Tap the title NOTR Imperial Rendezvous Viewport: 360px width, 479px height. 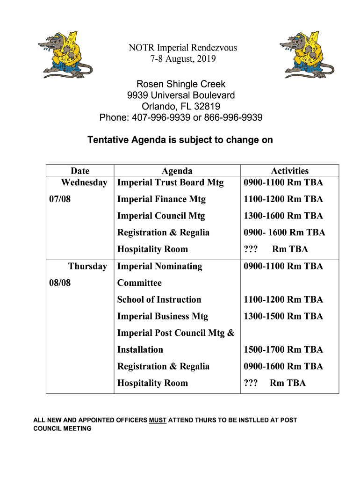(x=183, y=48)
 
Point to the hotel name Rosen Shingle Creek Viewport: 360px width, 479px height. (x=181, y=84)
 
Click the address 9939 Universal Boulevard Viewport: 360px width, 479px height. (x=181, y=95)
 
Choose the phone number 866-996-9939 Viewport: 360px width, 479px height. (x=233, y=117)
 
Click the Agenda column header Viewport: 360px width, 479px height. (x=177, y=171)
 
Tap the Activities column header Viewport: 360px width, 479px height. (x=290, y=171)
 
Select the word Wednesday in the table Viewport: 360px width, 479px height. (x=84, y=182)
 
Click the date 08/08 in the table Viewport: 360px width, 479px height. (x=60, y=283)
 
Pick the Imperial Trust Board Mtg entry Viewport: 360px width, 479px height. (x=170, y=182)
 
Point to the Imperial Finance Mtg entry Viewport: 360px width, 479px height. (x=161, y=199)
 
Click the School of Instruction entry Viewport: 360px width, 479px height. (x=159, y=300)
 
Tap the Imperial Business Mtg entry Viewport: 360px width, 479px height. (x=163, y=316)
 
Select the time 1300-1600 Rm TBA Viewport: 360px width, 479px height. (x=283, y=216)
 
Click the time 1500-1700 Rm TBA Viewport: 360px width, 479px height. (x=283, y=350)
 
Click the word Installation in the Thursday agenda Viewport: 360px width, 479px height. (x=140, y=350)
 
